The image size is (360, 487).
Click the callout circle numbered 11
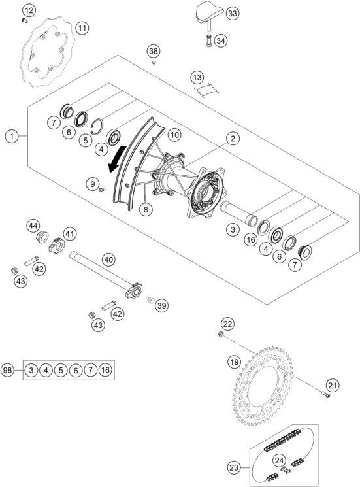82,29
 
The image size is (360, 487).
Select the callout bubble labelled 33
233,13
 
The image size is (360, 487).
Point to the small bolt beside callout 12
24,21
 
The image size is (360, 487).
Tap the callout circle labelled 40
108,260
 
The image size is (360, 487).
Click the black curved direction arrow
118,159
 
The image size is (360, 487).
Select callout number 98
7,370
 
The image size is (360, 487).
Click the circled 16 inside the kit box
106,370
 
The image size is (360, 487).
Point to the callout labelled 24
280,461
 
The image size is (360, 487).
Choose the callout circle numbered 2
233,138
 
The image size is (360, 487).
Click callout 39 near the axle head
161,305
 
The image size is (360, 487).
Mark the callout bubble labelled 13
197,77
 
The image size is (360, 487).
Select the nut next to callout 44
42,238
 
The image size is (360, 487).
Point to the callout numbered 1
12,136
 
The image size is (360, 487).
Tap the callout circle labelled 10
174,135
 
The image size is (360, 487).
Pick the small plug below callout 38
154,63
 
